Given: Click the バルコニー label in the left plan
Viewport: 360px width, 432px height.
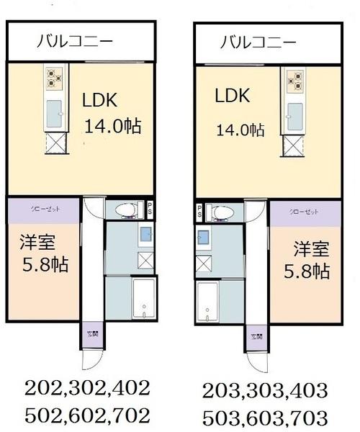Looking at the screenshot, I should [74, 42].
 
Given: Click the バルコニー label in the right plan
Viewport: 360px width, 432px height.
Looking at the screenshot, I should [258, 42].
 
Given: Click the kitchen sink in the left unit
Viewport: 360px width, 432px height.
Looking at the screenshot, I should [55, 112].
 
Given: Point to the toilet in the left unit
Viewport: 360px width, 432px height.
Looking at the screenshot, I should [125, 210].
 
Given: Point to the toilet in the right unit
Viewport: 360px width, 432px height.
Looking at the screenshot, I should [219, 212].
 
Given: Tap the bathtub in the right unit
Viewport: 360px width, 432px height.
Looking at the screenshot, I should [207, 302].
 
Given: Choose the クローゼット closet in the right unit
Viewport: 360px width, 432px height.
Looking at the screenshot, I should [305, 212].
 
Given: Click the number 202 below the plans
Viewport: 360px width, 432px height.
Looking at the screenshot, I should [46, 389].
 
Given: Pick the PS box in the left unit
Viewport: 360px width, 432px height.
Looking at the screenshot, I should [149, 208].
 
